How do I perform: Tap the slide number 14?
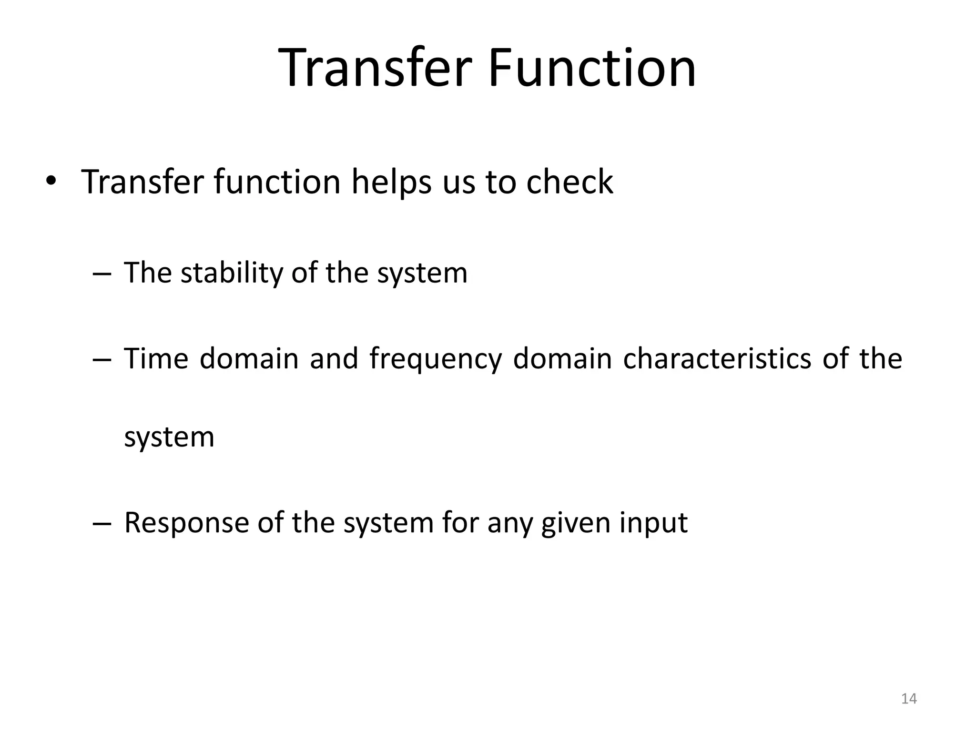(x=909, y=699)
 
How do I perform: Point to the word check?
(x=569, y=182)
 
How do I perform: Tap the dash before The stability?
(x=102, y=274)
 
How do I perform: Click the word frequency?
(x=436, y=359)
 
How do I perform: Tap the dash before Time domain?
(x=102, y=359)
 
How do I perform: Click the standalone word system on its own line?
(x=169, y=437)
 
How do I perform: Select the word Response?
(x=186, y=523)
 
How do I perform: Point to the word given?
(x=575, y=523)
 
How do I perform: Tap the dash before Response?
(x=102, y=524)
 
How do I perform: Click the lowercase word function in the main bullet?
(x=277, y=182)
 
